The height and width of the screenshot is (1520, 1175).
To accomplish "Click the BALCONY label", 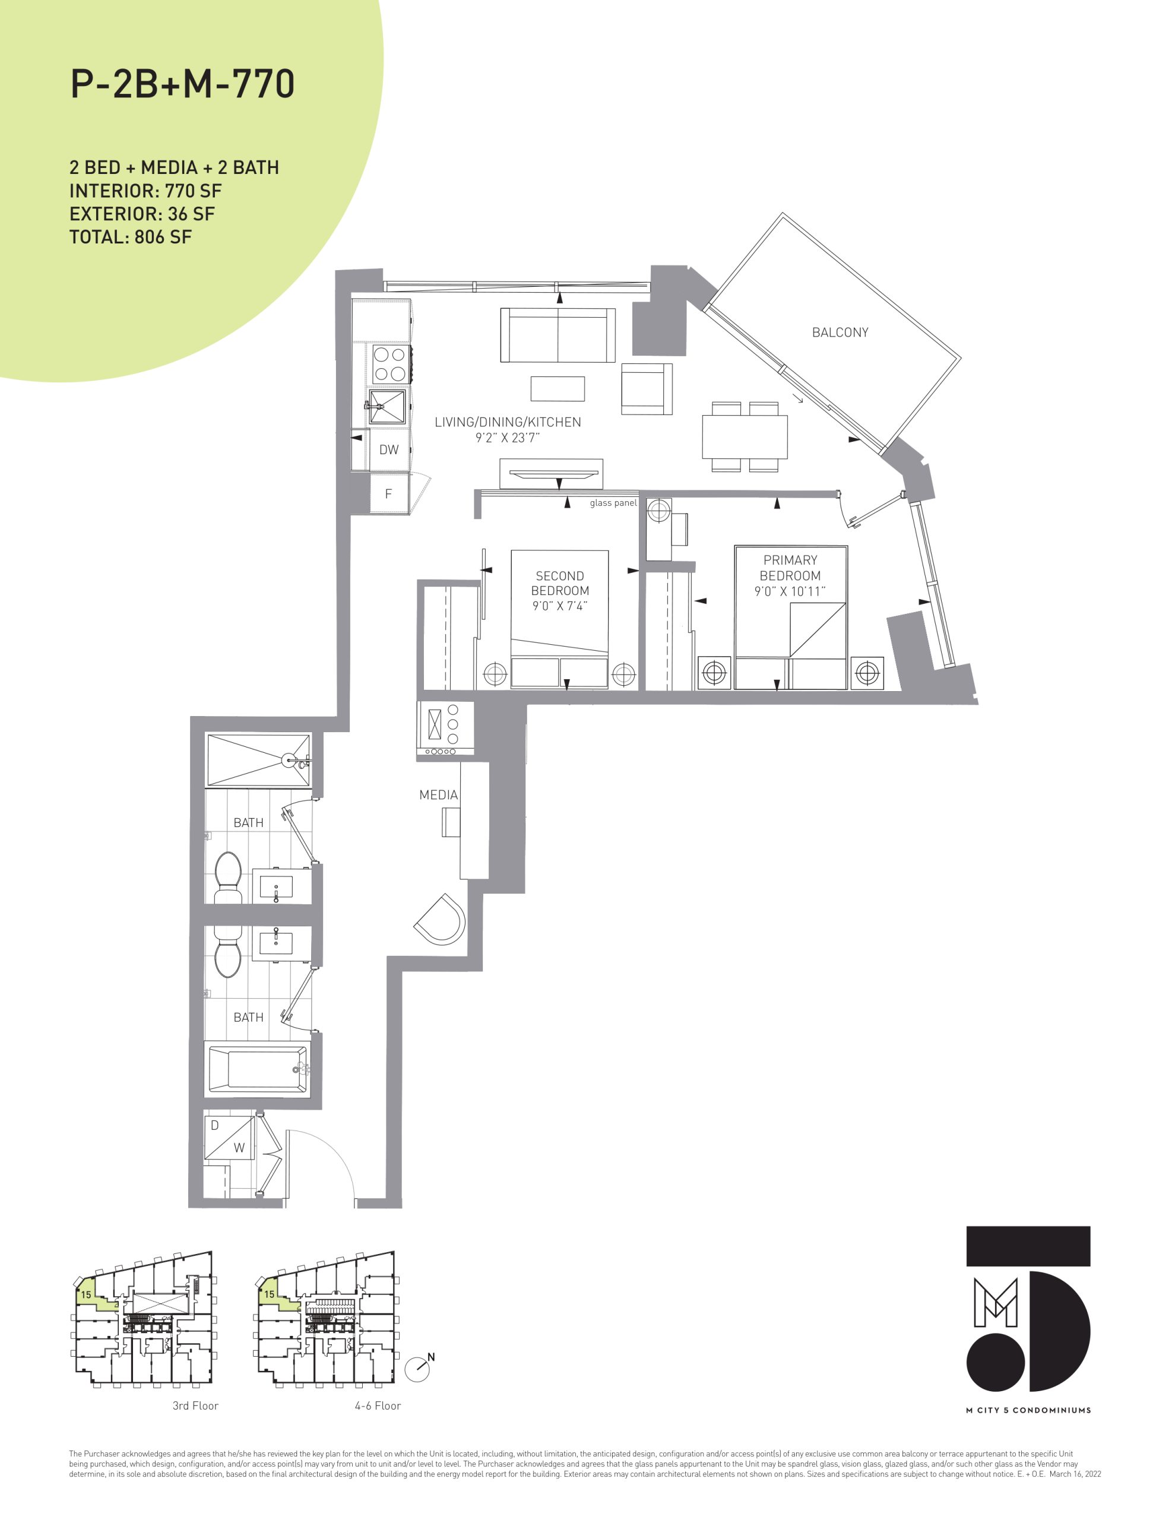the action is [840, 332].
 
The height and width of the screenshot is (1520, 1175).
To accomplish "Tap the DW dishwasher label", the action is [389, 449].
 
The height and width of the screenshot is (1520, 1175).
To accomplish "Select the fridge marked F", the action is [389, 493].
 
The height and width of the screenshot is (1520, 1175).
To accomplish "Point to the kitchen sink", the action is [387, 407].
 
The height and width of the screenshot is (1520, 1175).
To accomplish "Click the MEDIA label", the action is [439, 795].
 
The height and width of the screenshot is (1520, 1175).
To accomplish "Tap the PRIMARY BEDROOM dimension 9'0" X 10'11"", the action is [790, 591].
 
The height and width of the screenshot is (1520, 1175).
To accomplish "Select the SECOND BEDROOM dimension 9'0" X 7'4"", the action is [560, 606].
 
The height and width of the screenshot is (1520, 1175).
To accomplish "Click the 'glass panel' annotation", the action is [613, 503].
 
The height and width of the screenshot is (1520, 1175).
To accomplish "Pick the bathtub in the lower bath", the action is [258, 1070].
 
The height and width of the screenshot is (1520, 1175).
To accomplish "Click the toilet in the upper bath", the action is [227, 878].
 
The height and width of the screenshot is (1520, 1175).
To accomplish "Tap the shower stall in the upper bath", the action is [258, 761].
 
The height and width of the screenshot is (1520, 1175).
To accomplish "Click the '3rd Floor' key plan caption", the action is [195, 1406].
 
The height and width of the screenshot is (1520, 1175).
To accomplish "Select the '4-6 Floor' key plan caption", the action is [378, 1406].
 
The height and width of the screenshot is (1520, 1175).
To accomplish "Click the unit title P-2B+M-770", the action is [182, 84].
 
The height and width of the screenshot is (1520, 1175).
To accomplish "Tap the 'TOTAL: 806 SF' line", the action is [130, 237].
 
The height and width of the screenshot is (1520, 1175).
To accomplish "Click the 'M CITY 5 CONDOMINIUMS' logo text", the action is [1028, 1410].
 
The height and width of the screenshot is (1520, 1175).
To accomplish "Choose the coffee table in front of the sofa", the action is [558, 388].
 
